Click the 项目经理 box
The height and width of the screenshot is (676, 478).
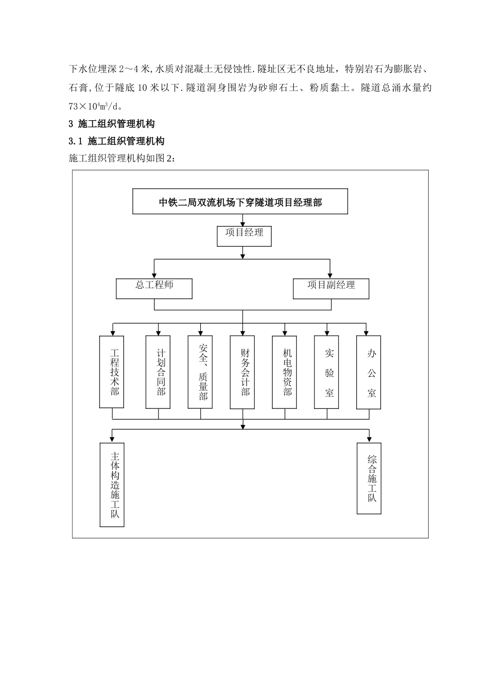tap(244, 236)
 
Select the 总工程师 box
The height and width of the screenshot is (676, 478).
tap(154, 288)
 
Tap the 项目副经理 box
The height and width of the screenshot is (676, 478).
tap(331, 288)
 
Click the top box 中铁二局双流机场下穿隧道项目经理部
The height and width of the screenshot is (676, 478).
tap(240, 202)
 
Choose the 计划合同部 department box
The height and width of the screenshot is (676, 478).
tap(158, 372)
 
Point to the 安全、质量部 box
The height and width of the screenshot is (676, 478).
tap(200, 372)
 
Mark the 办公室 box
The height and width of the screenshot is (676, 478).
tap(369, 372)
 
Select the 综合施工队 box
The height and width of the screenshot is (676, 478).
tap(369, 478)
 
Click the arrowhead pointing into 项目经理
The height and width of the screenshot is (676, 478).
tap(244, 223)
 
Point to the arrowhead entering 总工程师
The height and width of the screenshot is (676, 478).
tap(154, 275)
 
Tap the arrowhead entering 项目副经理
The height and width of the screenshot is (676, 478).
tap(330, 275)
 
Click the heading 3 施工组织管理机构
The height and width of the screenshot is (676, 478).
tap(111, 124)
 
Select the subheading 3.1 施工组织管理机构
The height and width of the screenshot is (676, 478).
tap(116, 141)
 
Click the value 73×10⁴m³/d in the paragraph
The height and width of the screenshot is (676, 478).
tap(95, 106)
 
